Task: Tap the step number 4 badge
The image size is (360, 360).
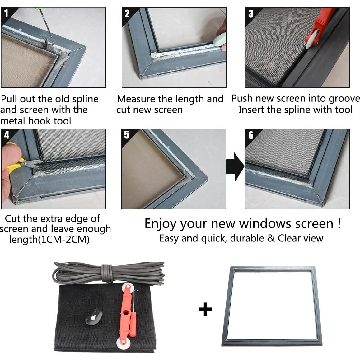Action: coord(7,135)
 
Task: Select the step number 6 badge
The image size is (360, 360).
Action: coord(251,135)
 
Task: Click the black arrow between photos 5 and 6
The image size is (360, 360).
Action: coord(235,167)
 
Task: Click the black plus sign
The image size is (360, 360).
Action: coord(205,309)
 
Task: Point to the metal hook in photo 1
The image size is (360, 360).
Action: coord(48,40)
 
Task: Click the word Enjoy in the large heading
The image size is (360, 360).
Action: coord(161,224)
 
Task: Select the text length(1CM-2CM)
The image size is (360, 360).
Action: coord(49,240)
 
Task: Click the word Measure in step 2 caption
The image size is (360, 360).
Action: coord(136,99)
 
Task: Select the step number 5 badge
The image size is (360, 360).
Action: coord(127,135)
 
